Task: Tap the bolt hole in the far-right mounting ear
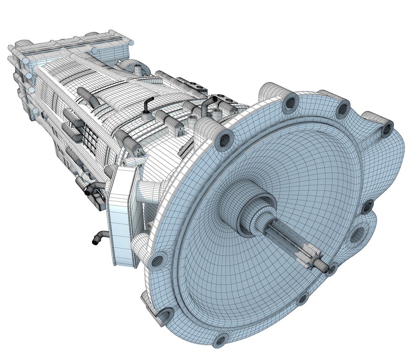coord(387,127)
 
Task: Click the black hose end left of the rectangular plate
coord(89,191)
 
